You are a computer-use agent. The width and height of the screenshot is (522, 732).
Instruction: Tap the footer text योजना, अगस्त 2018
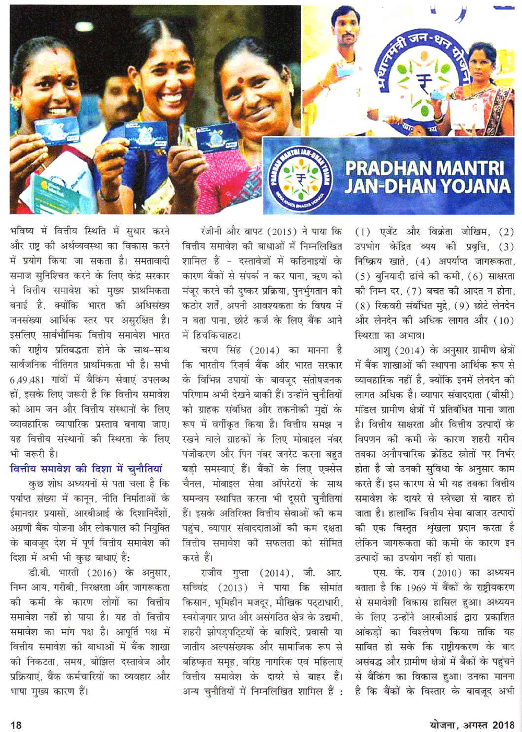pos(472,725)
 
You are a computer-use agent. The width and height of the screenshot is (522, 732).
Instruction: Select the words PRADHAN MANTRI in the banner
pos(424,168)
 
